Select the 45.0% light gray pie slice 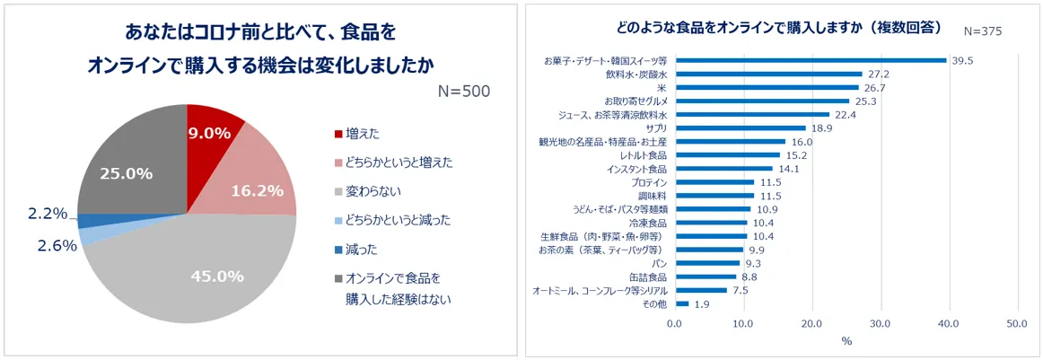(x=215, y=274)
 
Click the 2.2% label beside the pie (x=48, y=213)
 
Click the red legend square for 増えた (x=338, y=134)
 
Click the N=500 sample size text (x=463, y=92)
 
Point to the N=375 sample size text (x=982, y=31)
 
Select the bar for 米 (x=767, y=87)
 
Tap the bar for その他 (x=681, y=303)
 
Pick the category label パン (x=659, y=263)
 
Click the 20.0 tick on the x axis (x=811, y=323)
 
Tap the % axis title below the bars (x=846, y=341)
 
